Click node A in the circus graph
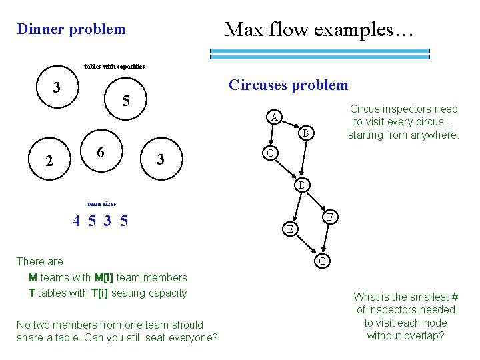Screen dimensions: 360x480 click(274, 118)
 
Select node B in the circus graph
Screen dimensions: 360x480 click(305, 133)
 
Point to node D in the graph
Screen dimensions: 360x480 click(301, 184)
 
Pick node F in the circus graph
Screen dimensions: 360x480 click(330, 217)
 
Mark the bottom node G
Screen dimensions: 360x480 click(322, 261)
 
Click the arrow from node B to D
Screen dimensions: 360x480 click(303, 159)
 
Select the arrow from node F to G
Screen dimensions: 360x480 click(326, 239)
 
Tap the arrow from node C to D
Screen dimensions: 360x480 click(285, 168)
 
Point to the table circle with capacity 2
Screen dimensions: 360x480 click(48, 161)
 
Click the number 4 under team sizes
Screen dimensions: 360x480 click(77, 221)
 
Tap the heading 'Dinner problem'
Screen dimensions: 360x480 click(71, 29)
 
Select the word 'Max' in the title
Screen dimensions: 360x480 click(242, 29)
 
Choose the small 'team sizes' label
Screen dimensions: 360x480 click(101, 203)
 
